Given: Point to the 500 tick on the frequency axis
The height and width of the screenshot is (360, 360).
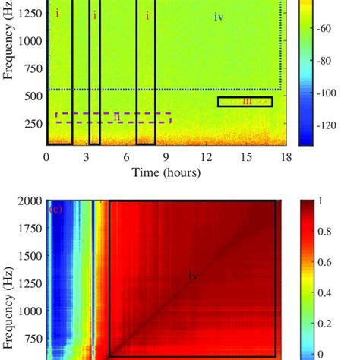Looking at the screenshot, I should tap(31, 96).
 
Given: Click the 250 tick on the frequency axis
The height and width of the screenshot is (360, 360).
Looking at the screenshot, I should tap(31, 124).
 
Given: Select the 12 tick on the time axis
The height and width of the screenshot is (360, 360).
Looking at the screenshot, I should tap(206, 157).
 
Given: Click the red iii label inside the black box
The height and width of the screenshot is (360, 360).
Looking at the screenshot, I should tap(247, 101).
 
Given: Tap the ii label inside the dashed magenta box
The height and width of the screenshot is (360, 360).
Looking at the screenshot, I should tap(117, 116).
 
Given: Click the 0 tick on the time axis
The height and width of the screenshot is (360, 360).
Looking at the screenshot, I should tap(47, 157).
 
